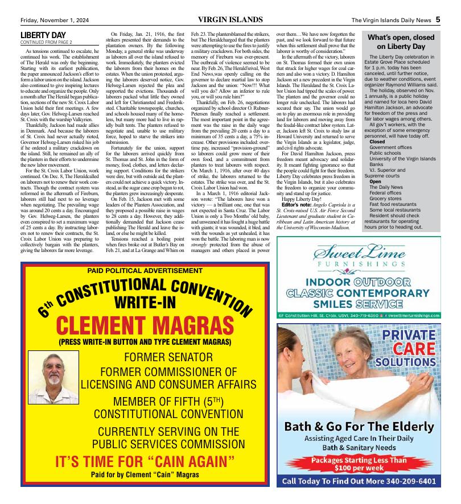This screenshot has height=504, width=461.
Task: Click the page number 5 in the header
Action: pos(438,19)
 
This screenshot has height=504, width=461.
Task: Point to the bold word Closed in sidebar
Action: pos(377,141)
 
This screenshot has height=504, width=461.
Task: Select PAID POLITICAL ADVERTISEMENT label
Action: pos(145,270)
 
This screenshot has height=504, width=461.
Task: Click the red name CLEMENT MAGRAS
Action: pos(145,327)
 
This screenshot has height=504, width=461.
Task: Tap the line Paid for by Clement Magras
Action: pos(145,474)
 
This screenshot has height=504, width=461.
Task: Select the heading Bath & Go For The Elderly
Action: pos(359,427)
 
